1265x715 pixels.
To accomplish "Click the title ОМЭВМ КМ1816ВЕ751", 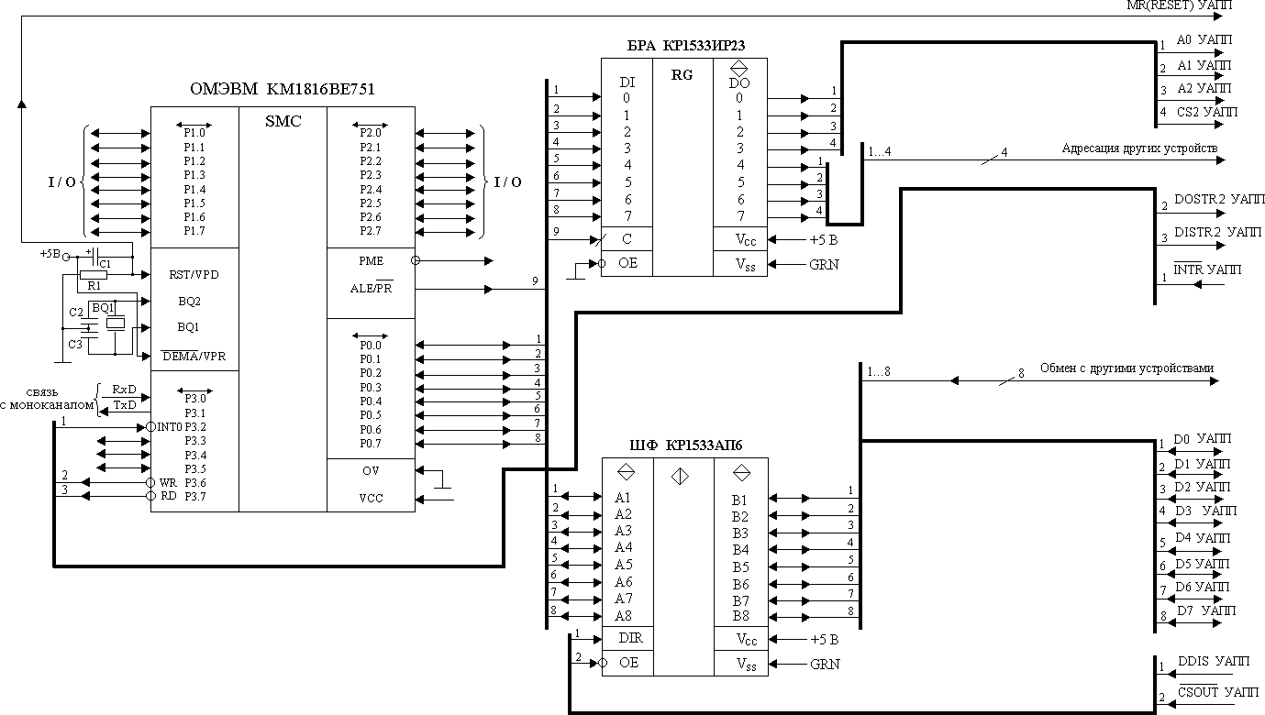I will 282,89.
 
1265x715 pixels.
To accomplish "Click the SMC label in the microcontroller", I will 283,121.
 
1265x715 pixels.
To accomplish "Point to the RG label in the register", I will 682,77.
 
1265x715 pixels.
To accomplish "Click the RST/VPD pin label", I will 194,274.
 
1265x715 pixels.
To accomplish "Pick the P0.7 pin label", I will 371,444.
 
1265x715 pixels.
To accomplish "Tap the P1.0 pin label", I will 194,133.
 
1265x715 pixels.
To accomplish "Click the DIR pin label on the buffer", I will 630,638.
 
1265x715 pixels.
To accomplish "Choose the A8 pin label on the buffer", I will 623,616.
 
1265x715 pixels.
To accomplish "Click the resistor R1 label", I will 94,285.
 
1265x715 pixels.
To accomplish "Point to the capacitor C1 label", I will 105,264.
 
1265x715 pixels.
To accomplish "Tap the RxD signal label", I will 124,389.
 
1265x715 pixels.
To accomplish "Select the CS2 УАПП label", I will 1205,112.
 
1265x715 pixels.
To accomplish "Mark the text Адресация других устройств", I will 1139,148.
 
